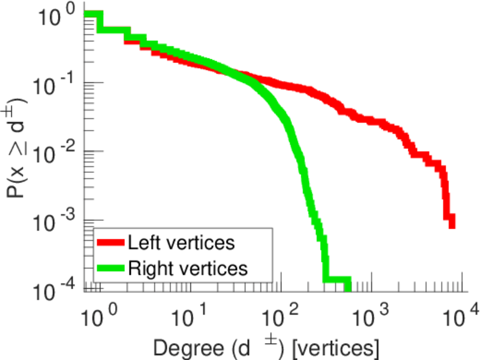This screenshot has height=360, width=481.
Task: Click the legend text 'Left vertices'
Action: (180, 243)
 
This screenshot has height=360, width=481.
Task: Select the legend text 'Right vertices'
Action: (187, 268)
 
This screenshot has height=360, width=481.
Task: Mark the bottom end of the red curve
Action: (452, 223)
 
